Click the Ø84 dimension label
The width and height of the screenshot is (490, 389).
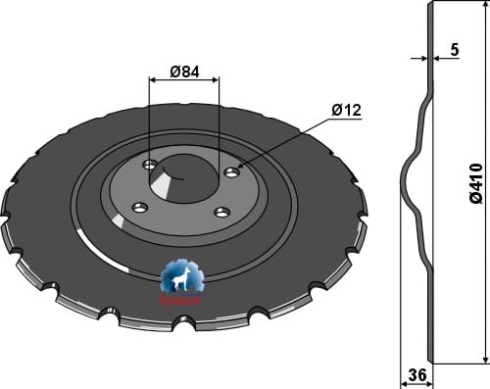click(184, 72)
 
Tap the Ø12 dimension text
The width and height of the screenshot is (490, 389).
click(346, 110)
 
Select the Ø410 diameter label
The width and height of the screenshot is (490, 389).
click(475, 183)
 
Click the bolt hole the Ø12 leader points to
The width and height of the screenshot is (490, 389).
click(232, 172)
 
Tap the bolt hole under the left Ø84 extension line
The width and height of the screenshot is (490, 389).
click(149, 165)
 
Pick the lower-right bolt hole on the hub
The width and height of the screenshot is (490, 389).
click(222, 212)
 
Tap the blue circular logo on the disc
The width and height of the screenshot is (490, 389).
click(182, 278)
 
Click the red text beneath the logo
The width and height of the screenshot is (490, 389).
click(182, 301)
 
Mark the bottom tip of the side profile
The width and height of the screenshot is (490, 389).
click(432, 364)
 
